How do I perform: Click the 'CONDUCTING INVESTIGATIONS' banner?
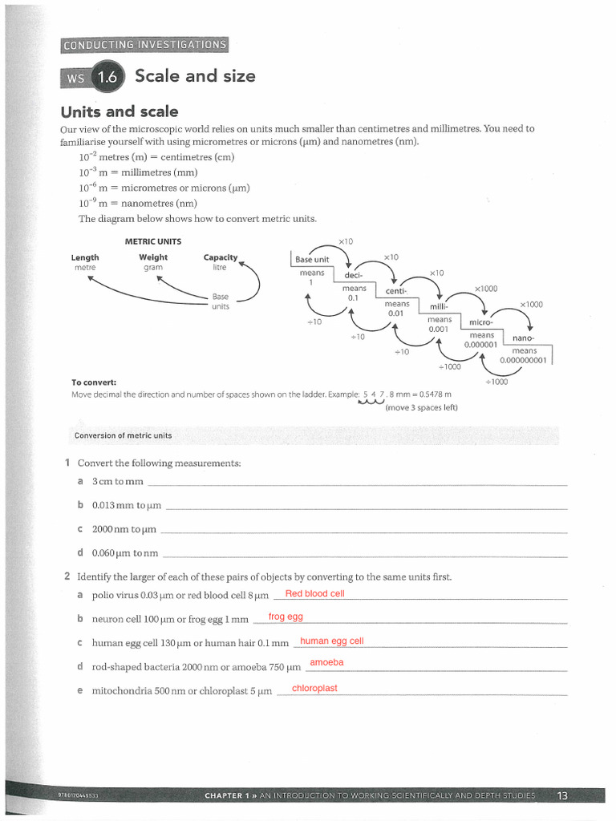click(x=144, y=45)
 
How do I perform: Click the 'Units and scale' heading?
click(x=120, y=111)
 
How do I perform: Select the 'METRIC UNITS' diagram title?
click(x=153, y=241)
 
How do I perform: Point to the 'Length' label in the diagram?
click(x=85, y=257)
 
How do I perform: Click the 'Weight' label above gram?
click(x=153, y=257)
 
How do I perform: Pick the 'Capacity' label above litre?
click(x=221, y=257)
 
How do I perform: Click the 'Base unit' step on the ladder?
click(x=312, y=259)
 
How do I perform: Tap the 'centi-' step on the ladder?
click(x=397, y=291)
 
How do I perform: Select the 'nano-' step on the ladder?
click(x=524, y=338)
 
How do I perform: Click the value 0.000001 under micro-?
click(x=481, y=345)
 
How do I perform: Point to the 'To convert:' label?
click(x=94, y=382)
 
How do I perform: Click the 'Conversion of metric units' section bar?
click(x=124, y=435)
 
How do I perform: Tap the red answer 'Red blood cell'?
click(x=314, y=593)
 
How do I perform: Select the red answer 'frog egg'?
click(x=286, y=617)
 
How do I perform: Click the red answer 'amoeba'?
click(x=326, y=662)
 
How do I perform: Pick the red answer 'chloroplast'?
click(x=314, y=688)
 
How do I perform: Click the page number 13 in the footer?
click(x=562, y=795)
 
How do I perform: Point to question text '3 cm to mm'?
click(x=117, y=482)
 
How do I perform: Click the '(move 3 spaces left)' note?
click(x=422, y=407)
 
